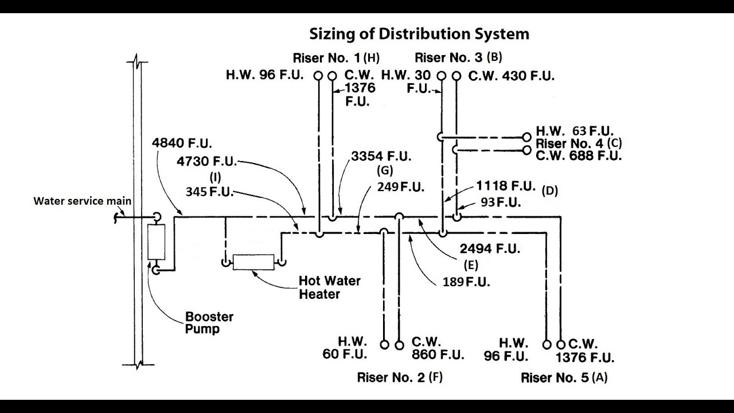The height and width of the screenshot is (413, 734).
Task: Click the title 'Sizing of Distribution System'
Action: (x=419, y=34)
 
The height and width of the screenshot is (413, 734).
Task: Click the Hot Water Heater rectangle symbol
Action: (x=253, y=262)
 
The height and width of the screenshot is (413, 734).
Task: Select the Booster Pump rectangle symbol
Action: (x=156, y=241)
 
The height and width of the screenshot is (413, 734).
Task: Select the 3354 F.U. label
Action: (x=381, y=157)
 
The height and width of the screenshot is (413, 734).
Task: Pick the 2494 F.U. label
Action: (x=490, y=248)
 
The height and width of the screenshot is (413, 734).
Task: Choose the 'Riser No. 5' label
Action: (x=555, y=378)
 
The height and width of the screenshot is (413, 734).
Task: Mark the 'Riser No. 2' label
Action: (x=391, y=377)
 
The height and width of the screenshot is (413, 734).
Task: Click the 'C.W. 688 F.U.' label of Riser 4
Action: (x=579, y=155)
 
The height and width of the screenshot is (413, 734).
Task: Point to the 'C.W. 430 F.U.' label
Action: (x=511, y=75)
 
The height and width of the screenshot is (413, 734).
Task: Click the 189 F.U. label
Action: (x=466, y=282)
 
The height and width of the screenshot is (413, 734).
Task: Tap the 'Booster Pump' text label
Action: (x=209, y=323)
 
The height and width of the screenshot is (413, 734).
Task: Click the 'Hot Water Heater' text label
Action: (x=329, y=287)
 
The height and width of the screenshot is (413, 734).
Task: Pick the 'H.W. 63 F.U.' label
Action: (x=575, y=131)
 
